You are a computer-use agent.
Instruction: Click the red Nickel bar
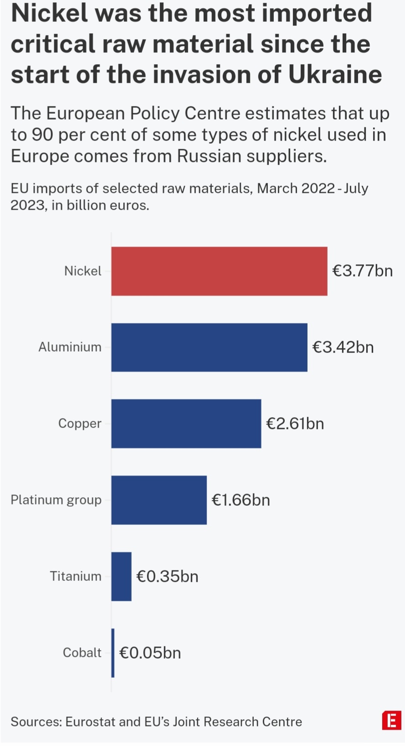point(219,271)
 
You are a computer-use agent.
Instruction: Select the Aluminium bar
point(209,348)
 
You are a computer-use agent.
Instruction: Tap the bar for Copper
point(186,424)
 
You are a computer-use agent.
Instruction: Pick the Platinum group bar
point(159,500)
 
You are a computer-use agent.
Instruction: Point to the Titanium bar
point(121,577)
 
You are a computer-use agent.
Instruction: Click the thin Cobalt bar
point(113,653)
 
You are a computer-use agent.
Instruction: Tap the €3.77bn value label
point(362,271)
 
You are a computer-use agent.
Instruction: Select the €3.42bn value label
point(343,348)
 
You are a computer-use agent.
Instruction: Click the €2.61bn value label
point(295,424)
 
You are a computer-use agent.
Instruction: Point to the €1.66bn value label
point(241,500)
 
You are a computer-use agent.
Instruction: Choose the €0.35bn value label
point(167,577)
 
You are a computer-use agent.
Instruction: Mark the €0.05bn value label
point(150,653)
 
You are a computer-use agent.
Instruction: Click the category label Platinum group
point(56,500)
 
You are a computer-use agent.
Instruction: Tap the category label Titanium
point(76,577)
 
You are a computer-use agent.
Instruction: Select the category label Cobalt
point(82,653)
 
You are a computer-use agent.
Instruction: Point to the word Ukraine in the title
point(335,75)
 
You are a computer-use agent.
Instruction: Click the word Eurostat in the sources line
point(90,722)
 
